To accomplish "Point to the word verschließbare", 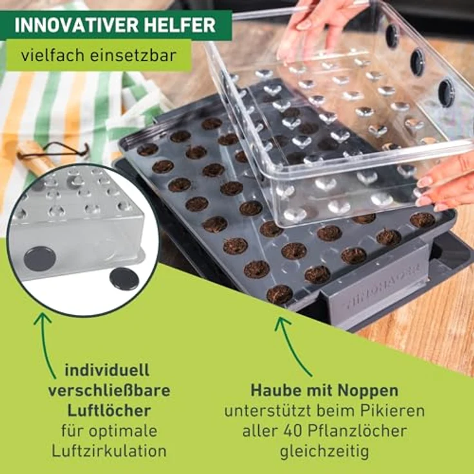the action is [109, 390].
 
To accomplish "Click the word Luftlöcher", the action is [109, 410].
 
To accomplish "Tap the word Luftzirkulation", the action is [109, 451].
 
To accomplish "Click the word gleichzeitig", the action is [325, 451].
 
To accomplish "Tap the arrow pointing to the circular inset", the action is [44, 345].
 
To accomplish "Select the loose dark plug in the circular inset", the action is [124, 278].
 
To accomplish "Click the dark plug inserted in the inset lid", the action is [40, 258].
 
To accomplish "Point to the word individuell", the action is [108, 370].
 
